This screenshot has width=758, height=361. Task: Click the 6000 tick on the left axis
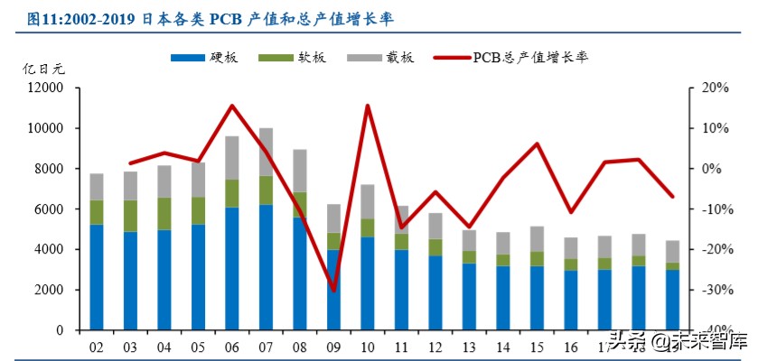click(x=47, y=208)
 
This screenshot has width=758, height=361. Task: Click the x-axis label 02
click(x=97, y=347)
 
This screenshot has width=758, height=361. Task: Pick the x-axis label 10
click(x=368, y=347)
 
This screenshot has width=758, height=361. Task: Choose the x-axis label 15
click(x=538, y=347)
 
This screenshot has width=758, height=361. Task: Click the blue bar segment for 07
click(x=267, y=267)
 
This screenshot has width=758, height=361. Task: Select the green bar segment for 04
click(x=164, y=213)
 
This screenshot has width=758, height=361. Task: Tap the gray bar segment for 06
click(x=232, y=158)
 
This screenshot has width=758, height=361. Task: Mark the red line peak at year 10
click(x=368, y=106)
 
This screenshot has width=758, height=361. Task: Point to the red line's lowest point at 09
click(x=334, y=291)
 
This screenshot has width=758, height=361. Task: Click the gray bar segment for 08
click(x=300, y=171)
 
